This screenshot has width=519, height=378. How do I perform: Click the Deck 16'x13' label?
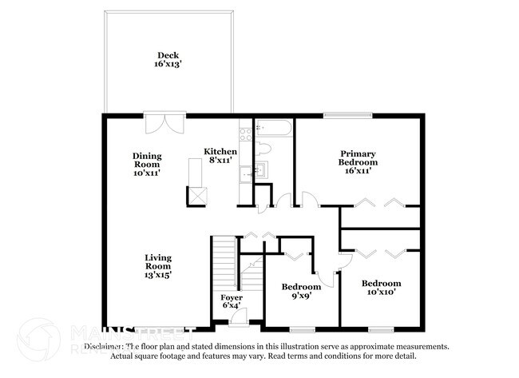168,60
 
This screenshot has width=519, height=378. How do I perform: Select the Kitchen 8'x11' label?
220,155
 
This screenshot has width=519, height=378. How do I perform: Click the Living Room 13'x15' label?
157,265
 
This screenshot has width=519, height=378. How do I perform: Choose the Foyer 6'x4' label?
231,300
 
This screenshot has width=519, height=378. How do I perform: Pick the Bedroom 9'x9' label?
301,291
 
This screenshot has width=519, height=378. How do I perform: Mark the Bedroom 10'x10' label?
381,288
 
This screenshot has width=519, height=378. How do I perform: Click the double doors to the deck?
164,124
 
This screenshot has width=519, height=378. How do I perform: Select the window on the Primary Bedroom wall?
348,117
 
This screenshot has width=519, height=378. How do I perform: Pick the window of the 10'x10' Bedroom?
381,328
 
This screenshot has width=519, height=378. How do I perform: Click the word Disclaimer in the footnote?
104,347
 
